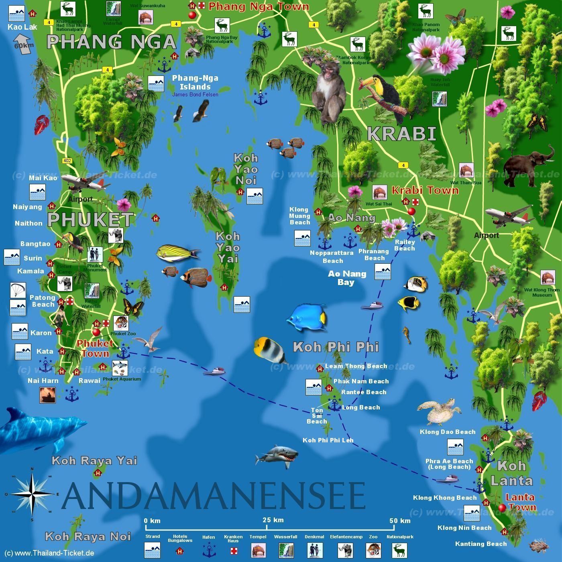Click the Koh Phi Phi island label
click(336, 347)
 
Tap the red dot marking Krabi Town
click(411, 212)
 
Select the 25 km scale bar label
click(273, 520)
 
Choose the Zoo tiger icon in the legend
click(373, 550)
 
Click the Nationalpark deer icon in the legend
click(399, 550)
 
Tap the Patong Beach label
click(42, 301)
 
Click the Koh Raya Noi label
click(88, 536)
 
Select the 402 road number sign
click(67, 161)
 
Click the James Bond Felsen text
click(195, 95)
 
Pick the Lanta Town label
click(520, 502)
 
